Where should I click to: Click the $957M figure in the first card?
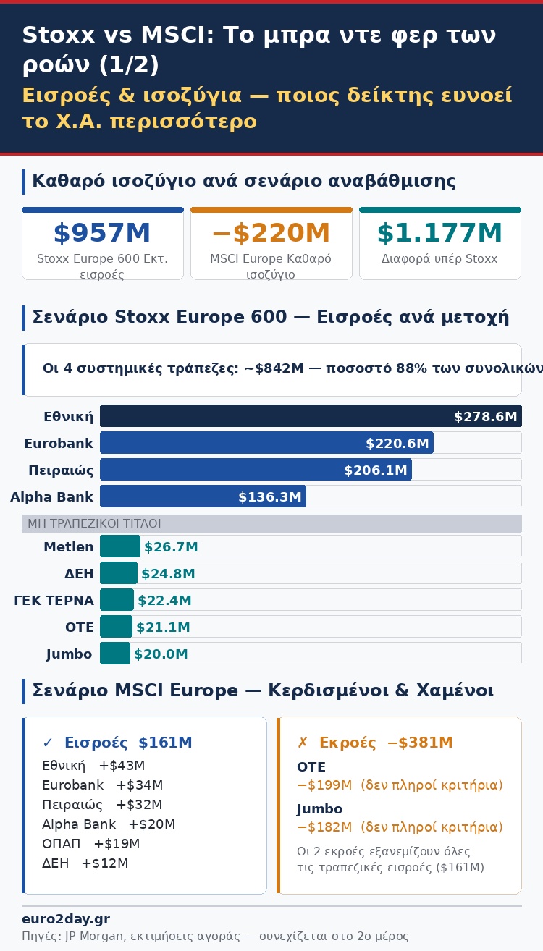(x=102, y=233)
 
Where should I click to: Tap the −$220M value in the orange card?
(x=271, y=233)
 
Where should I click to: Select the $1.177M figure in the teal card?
(x=439, y=233)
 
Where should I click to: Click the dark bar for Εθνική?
(x=311, y=416)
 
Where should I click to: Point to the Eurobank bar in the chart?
(x=266, y=443)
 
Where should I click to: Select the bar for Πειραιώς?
(x=256, y=470)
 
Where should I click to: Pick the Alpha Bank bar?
(x=203, y=496)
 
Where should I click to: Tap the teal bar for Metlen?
(x=120, y=546)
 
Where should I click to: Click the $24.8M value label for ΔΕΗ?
(x=168, y=574)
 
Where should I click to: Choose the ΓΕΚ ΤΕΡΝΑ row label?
(x=54, y=601)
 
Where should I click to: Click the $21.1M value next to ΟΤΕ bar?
(x=163, y=627)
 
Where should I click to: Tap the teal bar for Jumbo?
(x=115, y=654)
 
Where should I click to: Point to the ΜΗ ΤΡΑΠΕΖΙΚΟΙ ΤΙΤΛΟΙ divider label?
(x=94, y=523)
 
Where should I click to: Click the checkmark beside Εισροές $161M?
(x=48, y=743)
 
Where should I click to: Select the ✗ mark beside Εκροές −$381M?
(x=303, y=743)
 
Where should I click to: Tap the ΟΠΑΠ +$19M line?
(x=91, y=844)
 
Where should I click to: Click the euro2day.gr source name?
(x=66, y=919)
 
